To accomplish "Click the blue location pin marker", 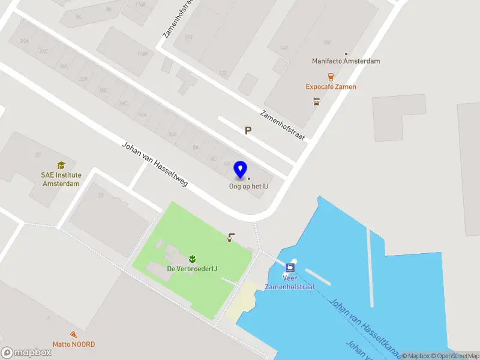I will pyautogui.click(x=241, y=169).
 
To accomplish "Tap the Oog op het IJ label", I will pyautogui.click(x=248, y=186).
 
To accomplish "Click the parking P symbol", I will pyautogui.click(x=248, y=130).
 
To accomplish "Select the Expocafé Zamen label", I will pyautogui.click(x=331, y=86).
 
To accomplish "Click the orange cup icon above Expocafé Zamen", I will pyautogui.click(x=331, y=76).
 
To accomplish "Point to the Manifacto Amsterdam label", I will pyautogui.click(x=346, y=61).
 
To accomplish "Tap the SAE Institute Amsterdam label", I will pyautogui.click(x=61, y=179).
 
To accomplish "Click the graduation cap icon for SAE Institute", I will pyautogui.click(x=61, y=164).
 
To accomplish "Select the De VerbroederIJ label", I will pyautogui.click(x=192, y=268).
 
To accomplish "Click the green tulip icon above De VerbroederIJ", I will pyautogui.click(x=192, y=259).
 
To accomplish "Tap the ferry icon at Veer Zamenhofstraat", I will pyautogui.click(x=290, y=268).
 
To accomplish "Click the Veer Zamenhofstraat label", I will pyautogui.click(x=290, y=282).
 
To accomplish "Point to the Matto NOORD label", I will pyautogui.click(x=73, y=344).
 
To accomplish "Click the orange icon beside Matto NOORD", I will pyautogui.click(x=73, y=334).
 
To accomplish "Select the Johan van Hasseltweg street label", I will pyautogui.click(x=155, y=164).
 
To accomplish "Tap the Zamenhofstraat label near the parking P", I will pyautogui.click(x=283, y=125).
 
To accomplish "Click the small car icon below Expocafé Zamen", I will pyautogui.click(x=316, y=101).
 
